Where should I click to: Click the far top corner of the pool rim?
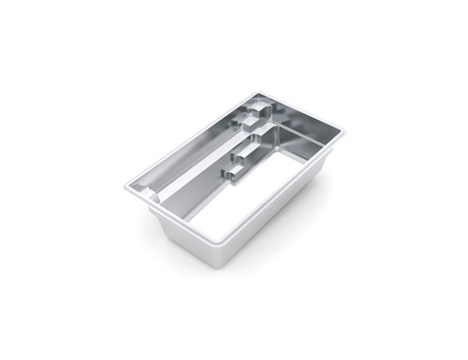point(259,92)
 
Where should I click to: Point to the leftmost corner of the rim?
point(125,188)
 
